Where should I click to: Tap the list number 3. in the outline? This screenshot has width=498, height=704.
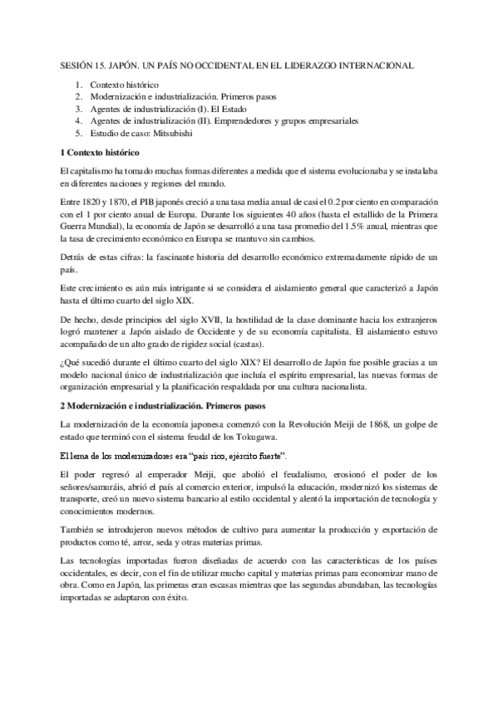pyautogui.click(x=78, y=109)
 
